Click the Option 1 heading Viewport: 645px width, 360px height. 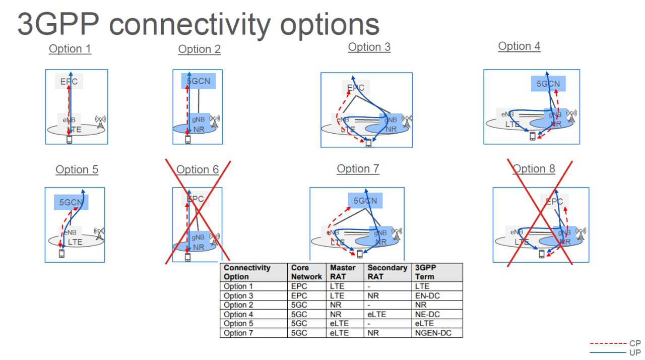[x=70, y=49]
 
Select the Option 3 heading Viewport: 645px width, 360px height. [x=369, y=47]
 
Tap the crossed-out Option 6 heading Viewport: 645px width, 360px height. [x=198, y=169]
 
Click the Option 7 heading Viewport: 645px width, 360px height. [x=358, y=169]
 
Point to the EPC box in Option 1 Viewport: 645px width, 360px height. [x=69, y=81]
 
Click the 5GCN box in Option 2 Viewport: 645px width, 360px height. [x=198, y=81]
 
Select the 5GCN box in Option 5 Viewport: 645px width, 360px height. [x=71, y=202]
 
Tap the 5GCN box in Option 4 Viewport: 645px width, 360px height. [x=548, y=84]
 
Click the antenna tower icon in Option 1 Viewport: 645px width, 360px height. [x=100, y=122]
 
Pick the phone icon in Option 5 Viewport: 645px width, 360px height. [x=62, y=254]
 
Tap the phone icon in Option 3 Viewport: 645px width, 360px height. [x=368, y=143]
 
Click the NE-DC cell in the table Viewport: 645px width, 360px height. [x=428, y=314]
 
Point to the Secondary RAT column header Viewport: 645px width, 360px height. [x=387, y=272]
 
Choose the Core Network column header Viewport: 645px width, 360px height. [x=306, y=272]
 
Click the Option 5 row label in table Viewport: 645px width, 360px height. [x=235, y=324]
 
